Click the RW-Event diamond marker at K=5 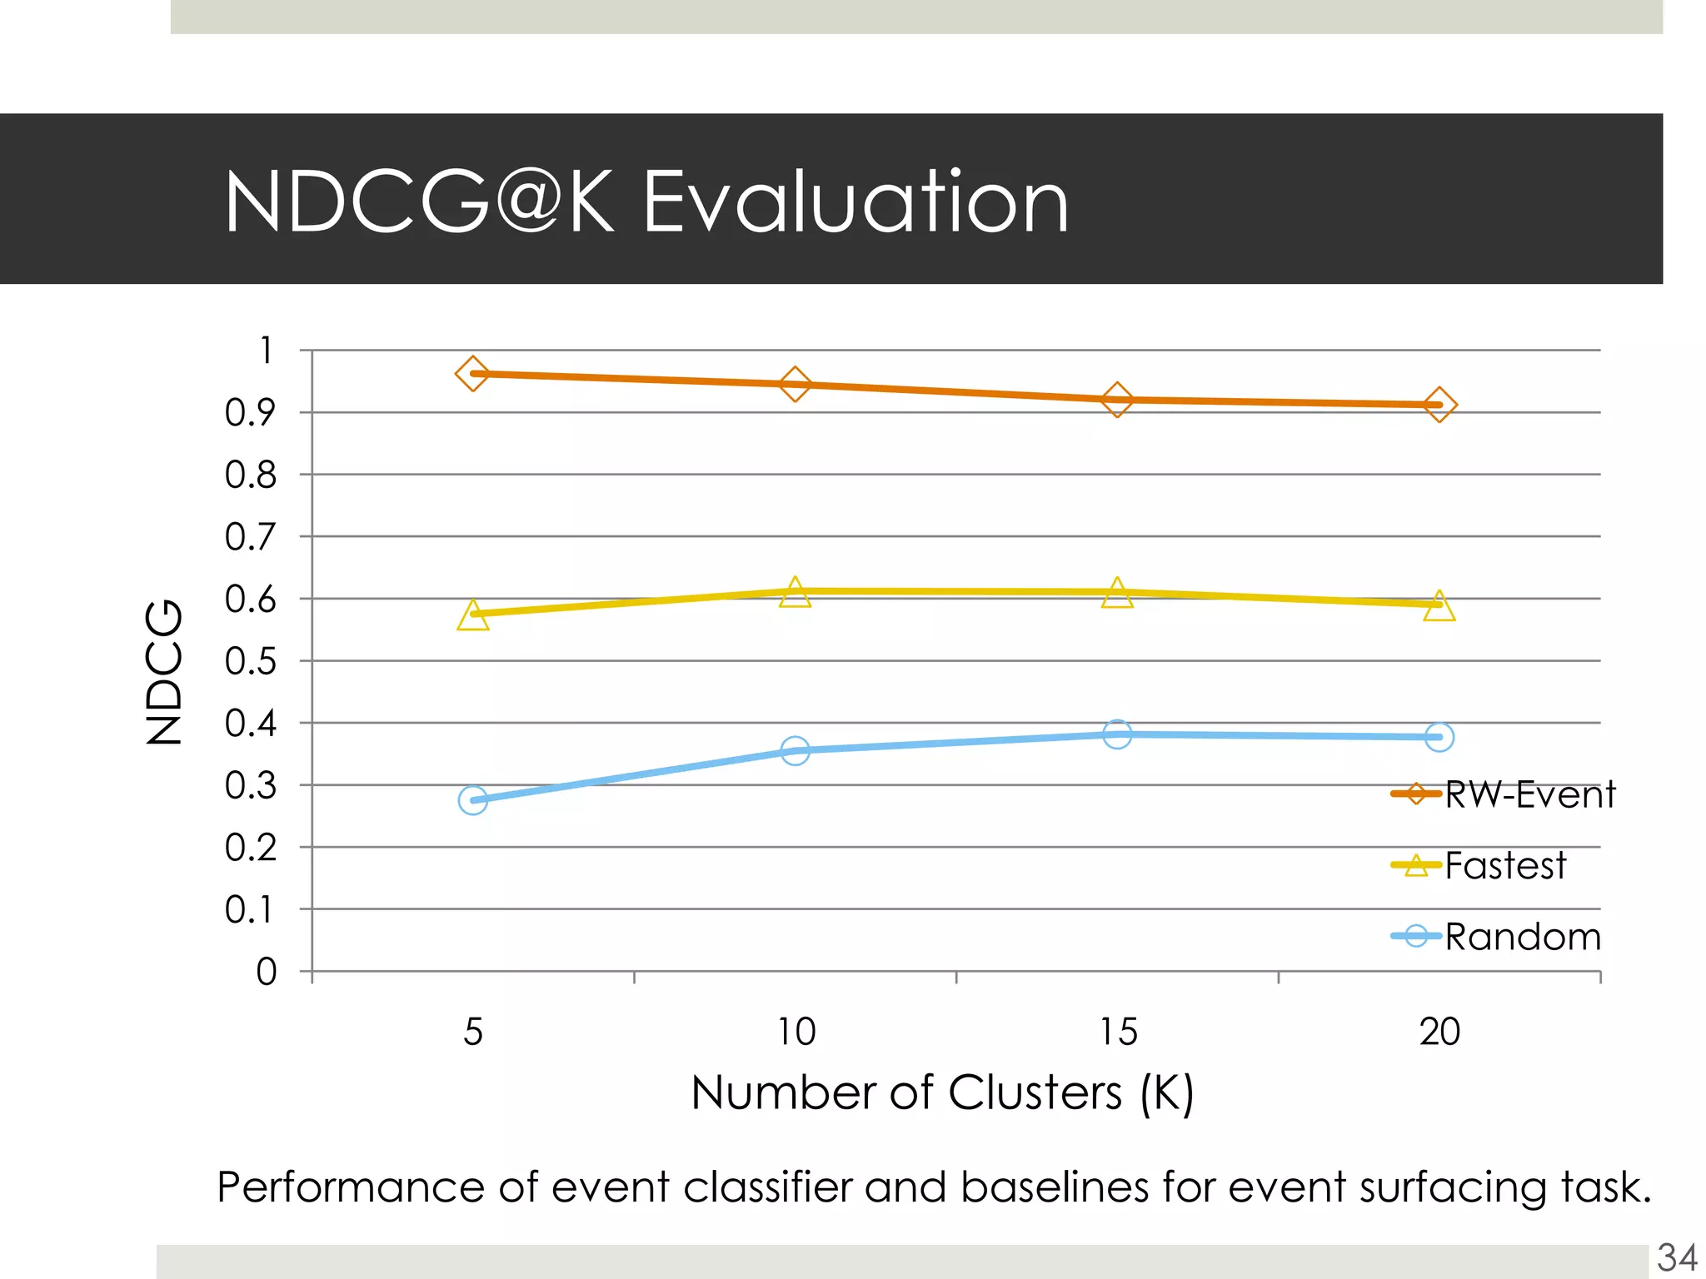tap(472, 374)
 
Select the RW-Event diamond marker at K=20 tap(1439, 406)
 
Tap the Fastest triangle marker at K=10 tap(795, 593)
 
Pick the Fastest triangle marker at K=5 tap(472, 615)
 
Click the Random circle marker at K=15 tap(1117, 734)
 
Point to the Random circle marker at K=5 tap(472, 800)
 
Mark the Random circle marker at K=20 tap(1439, 737)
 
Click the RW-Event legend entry tap(1504, 794)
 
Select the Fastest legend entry tap(1479, 866)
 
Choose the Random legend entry tap(1496, 937)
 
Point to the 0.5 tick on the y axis tap(250, 661)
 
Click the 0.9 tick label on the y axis tap(250, 412)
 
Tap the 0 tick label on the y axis tap(266, 972)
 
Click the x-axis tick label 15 tap(1117, 1033)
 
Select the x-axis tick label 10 tap(796, 1033)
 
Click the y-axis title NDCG tap(163, 671)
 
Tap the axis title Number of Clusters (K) tap(941, 1092)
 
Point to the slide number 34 tap(1677, 1257)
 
